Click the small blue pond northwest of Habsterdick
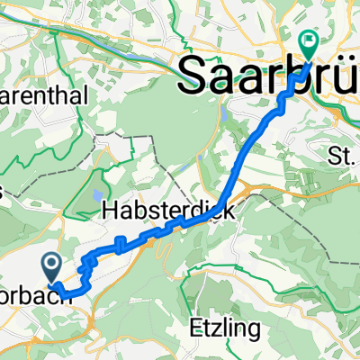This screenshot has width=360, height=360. point(97,196)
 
